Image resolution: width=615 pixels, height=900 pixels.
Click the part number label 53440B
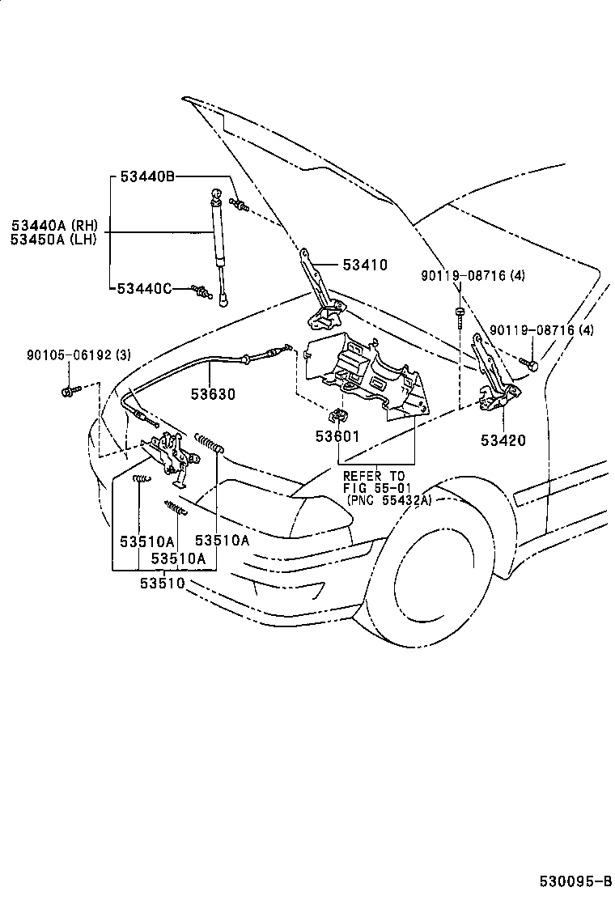(x=147, y=177)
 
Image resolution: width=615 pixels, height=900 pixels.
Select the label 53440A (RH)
(x=53, y=224)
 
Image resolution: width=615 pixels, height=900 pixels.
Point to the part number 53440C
(x=145, y=289)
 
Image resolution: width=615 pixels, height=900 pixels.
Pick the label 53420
(x=503, y=440)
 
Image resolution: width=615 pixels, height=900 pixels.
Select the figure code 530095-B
(x=575, y=880)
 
